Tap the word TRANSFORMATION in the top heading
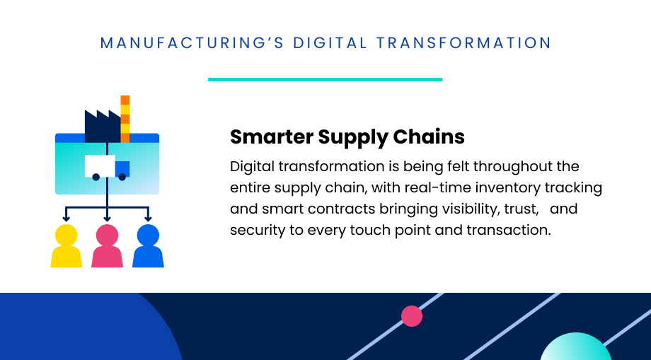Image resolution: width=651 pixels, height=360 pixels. point(463,43)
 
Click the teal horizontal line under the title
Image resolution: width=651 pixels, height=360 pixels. point(325,79)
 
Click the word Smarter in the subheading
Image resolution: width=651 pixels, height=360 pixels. point(271,136)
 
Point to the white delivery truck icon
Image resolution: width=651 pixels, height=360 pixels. point(106,167)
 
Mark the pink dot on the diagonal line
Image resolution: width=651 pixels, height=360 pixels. point(412,316)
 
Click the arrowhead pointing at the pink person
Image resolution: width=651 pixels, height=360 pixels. point(107,219)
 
